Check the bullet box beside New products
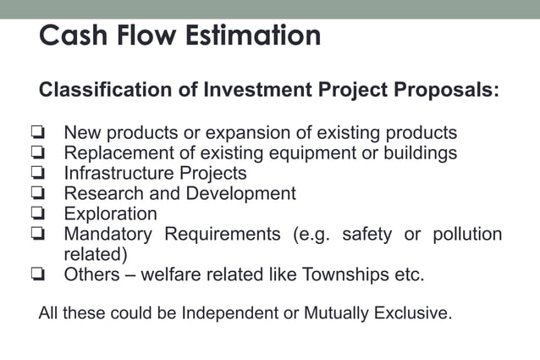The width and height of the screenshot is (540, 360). coord(36,134)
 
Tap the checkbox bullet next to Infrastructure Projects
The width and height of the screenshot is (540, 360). coord(36,174)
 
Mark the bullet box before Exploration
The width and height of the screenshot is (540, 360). coord(36,214)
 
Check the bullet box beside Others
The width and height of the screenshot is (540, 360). coord(36,274)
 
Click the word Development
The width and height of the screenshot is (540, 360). coord(240,194)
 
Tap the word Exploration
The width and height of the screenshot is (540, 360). coord(111,214)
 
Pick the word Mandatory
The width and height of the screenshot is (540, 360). coord(108,235)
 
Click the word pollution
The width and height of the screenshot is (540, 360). coord(467,235)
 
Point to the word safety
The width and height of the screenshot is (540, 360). coord(366,235)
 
